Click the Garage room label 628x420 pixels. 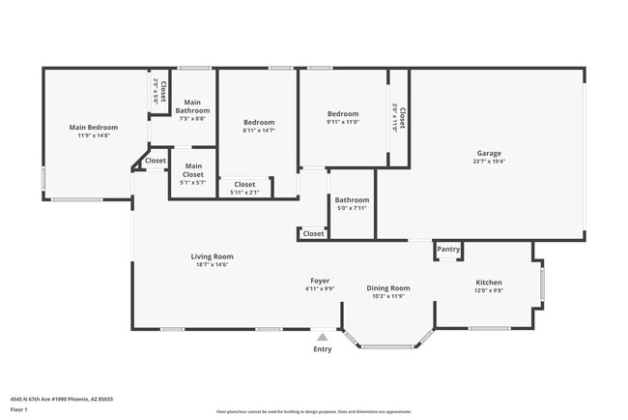(x=488, y=153)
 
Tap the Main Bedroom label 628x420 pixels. (x=93, y=128)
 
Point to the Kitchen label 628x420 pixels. (x=488, y=283)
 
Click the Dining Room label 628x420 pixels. (x=387, y=287)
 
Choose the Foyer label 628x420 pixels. (x=320, y=281)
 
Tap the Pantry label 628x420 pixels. (x=448, y=249)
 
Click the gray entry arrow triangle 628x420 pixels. (x=322, y=337)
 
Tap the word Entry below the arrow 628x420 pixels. (x=322, y=349)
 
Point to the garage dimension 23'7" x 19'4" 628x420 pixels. (x=488, y=162)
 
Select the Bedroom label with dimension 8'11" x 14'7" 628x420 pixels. (x=258, y=123)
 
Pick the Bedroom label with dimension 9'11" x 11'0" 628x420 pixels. (x=342, y=114)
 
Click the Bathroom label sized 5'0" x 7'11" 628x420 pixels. (x=352, y=200)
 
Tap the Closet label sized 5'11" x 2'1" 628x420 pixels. (x=244, y=184)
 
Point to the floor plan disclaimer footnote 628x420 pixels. (x=313, y=412)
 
